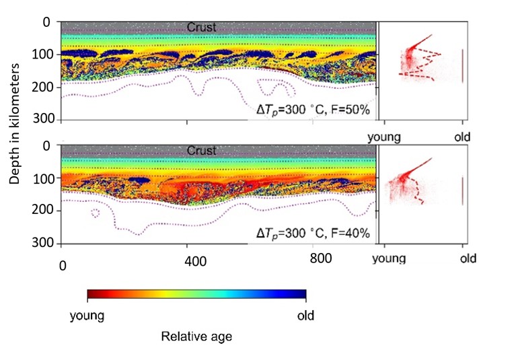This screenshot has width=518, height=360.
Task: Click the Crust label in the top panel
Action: coord(202,27)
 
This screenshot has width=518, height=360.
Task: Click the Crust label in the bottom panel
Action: coord(202,151)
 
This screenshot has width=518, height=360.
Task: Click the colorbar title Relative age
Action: coord(196,336)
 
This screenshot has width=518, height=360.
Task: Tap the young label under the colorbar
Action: coord(87,316)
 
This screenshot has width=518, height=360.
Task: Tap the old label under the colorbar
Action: coord(305,316)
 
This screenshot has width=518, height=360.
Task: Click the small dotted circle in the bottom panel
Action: coord(95,213)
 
